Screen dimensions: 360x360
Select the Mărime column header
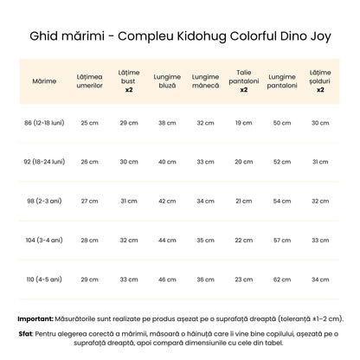44,80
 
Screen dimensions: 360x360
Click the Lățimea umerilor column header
89,80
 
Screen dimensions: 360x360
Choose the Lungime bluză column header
167,80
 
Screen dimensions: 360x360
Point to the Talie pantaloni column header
244,80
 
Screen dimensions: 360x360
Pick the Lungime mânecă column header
205,80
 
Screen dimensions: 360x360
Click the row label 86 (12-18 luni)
44,123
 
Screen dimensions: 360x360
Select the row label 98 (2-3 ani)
44,201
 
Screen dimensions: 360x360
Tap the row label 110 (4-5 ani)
44,279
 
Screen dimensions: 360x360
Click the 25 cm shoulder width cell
89,123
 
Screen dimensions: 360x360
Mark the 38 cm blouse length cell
167,123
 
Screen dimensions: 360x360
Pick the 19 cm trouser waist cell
244,123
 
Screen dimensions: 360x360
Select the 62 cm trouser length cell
282,279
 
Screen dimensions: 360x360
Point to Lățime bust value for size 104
128,240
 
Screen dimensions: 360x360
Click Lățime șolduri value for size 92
320,162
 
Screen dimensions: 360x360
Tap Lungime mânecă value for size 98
205,201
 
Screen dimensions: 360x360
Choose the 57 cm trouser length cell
282,240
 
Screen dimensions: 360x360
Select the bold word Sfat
25,333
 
